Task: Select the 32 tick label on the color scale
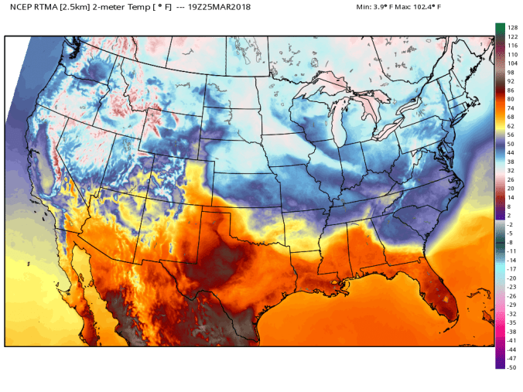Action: pos(511,171)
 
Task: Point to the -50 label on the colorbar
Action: pos(512,367)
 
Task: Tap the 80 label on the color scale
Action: pos(511,99)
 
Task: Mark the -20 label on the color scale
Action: pos(512,278)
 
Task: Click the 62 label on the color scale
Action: pos(511,126)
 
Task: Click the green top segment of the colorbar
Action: pos(500,29)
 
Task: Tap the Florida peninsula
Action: pos(445,290)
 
